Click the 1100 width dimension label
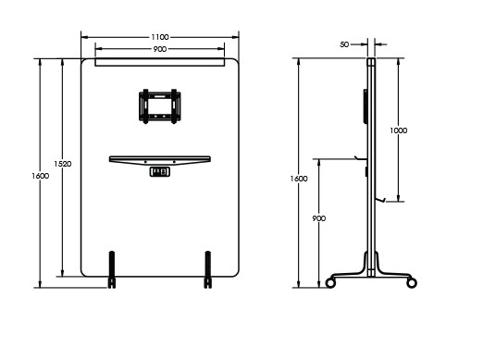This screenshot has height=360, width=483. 160,37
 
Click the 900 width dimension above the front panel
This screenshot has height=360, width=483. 160,49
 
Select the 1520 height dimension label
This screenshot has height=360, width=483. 63,164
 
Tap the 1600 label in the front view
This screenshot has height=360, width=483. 41,176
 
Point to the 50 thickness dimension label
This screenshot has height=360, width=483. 344,44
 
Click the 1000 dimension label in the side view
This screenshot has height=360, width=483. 399,130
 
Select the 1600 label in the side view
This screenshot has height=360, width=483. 299,179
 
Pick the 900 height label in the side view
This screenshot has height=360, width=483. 319,218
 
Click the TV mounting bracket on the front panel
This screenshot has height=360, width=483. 160,106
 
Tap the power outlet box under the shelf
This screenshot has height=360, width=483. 160,172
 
